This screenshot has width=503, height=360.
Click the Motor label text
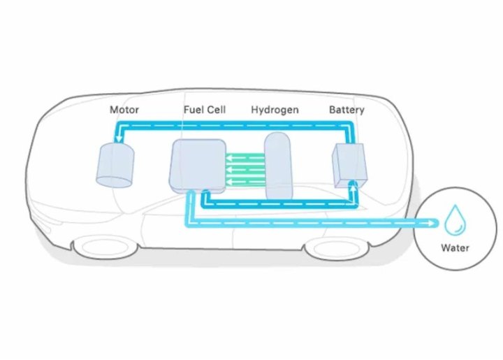[x=124, y=110]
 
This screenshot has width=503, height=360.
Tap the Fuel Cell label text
[x=205, y=110]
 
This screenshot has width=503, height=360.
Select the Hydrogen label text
[x=275, y=110]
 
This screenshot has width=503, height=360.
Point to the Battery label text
[x=347, y=110]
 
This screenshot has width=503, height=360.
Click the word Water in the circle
[x=455, y=247]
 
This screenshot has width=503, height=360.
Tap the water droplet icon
[x=455, y=220]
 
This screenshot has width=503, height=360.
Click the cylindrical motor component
[x=115, y=165]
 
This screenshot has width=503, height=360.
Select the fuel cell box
[x=198, y=166]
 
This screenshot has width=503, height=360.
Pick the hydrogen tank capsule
[x=278, y=166]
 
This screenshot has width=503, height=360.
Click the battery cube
[x=350, y=165]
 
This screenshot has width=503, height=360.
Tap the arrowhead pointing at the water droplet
[x=432, y=222]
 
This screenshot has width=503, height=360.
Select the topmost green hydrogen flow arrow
[x=245, y=158]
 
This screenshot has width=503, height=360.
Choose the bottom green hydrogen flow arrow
[x=245, y=182]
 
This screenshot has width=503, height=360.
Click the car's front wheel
[x=106, y=247]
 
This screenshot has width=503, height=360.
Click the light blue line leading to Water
[x=311, y=223]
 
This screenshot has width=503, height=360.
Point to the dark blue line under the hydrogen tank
[x=279, y=203]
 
